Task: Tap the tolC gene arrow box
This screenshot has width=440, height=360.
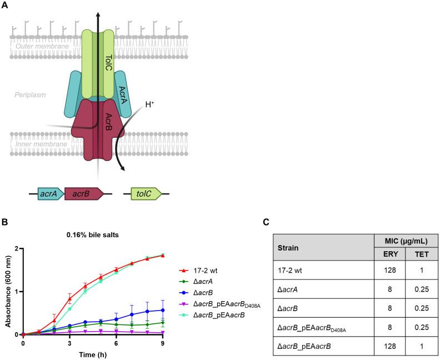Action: (146, 194)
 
